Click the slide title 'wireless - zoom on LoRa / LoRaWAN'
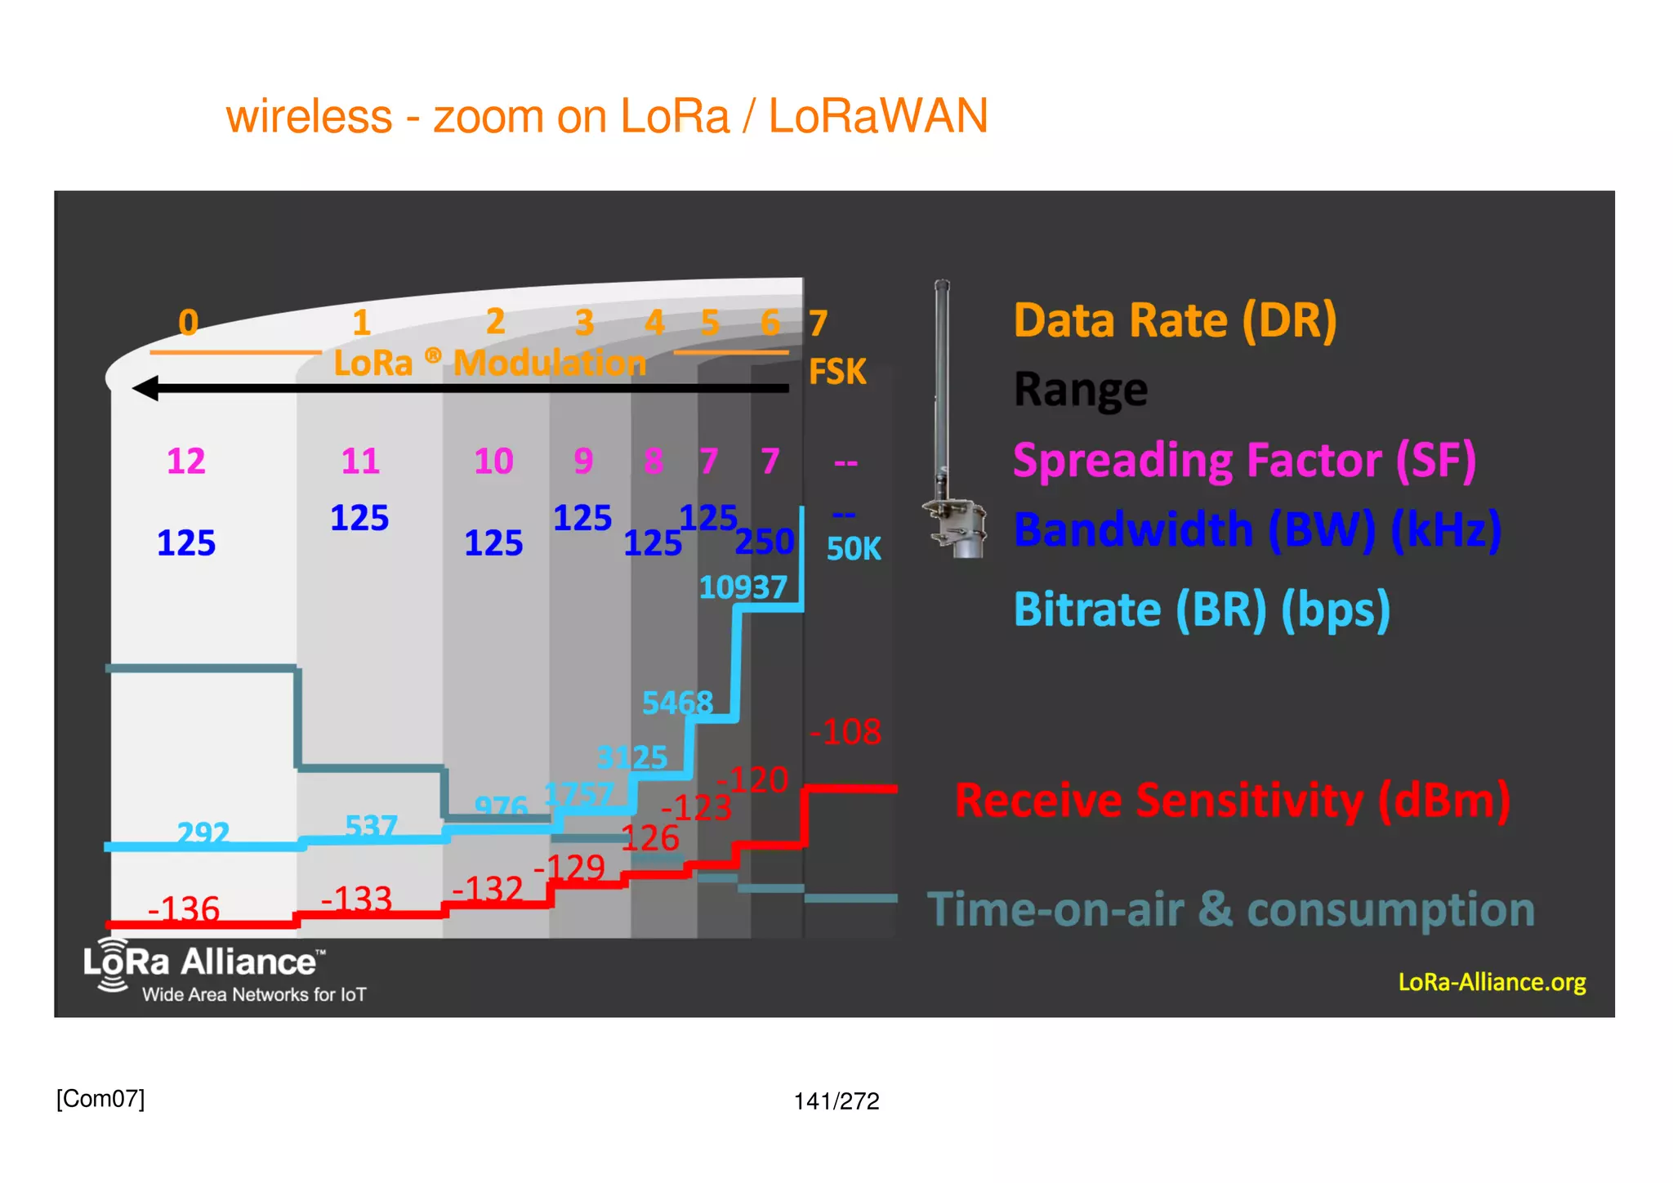click(606, 116)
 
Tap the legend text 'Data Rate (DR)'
click(1175, 320)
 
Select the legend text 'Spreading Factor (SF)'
click(1243, 461)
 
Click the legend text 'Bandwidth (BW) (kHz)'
click(1256, 529)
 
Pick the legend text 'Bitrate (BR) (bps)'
click(1201, 609)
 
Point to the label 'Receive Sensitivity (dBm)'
click(1232, 800)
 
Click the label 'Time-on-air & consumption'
click(1230, 909)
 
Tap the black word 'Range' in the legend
click(1080, 390)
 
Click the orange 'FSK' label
click(836, 372)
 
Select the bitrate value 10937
click(743, 587)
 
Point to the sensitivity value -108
click(845, 732)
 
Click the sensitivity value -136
click(184, 908)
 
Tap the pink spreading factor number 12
click(186, 462)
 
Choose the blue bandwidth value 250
click(765, 542)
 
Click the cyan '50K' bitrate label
click(854, 549)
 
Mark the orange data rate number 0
click(189, 323)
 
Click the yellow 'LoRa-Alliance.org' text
click(1492, 981)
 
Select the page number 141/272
click(836, 1101)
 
